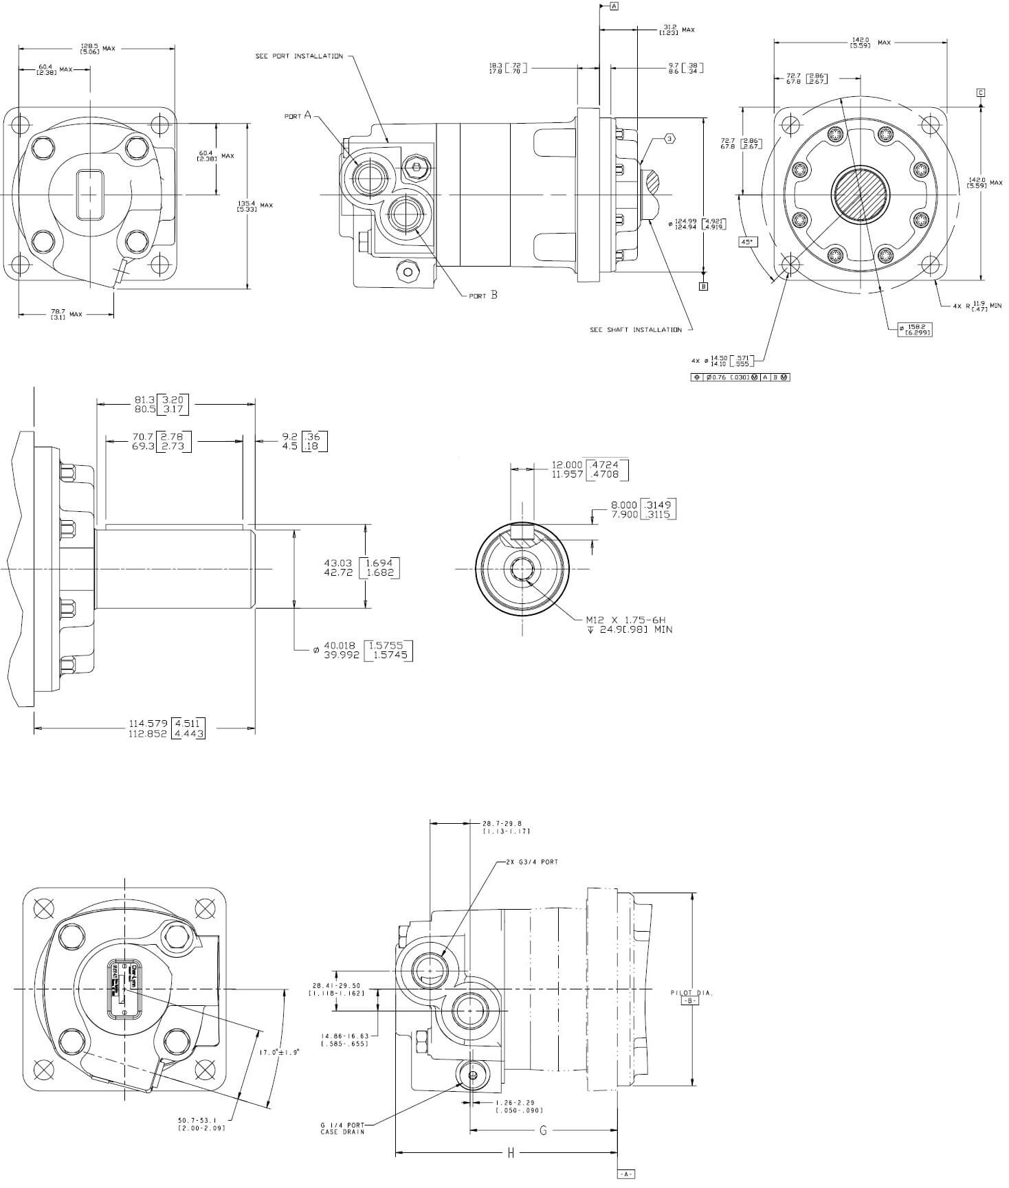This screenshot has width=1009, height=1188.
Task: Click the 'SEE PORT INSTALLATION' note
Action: (299, 56)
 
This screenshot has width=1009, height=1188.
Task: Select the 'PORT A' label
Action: (298, 115)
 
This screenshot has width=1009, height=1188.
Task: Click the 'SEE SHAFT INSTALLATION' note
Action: (636, 330)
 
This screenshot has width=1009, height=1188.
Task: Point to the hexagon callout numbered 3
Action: (669, 139)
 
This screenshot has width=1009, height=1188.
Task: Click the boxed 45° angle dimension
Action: (746, 242)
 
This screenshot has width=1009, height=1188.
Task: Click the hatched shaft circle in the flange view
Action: (861, 194)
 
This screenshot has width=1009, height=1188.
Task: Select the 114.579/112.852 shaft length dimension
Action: (167, 728)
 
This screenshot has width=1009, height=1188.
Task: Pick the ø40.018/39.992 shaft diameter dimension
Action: (364, 650)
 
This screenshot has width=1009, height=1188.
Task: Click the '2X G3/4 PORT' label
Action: (531, 862)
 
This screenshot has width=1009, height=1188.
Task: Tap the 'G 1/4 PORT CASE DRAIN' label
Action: (342, 1128)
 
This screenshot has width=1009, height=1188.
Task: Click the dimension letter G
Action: (543, 1130)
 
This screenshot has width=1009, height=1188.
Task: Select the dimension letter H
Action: (511, 1154)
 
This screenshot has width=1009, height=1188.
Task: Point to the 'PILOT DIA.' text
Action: (691, 993)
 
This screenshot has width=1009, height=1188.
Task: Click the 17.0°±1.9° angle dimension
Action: (279, 1053)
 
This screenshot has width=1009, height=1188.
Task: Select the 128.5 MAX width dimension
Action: (98, 48)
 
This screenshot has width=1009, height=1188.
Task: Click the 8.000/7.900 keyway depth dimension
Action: (643, 510)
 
